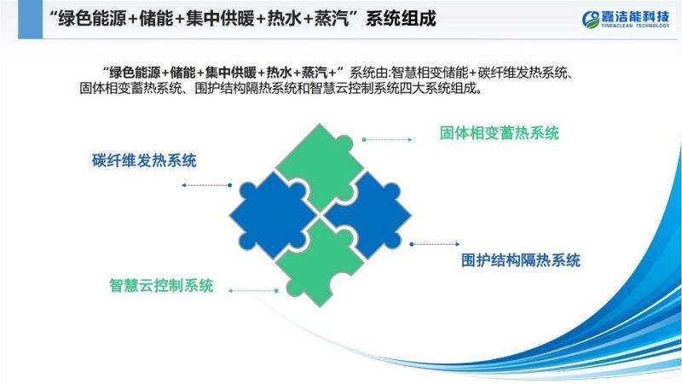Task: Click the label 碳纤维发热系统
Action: point(144,160)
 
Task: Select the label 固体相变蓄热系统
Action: point(499,133)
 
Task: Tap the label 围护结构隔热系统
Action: point(521,260)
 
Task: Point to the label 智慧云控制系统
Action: point(161,286)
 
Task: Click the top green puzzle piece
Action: point(320,163)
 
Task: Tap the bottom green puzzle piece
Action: point(321,264)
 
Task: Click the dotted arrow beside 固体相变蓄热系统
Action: point(387,140)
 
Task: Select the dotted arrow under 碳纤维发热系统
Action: point(206,185)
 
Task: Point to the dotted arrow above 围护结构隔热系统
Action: point(435,244)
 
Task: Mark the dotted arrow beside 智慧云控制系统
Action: point(253,290)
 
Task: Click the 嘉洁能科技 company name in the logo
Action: point(635,16)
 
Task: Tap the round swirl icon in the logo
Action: point(591,20)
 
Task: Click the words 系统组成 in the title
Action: point(401,19)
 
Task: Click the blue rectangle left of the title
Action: point(30,19)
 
